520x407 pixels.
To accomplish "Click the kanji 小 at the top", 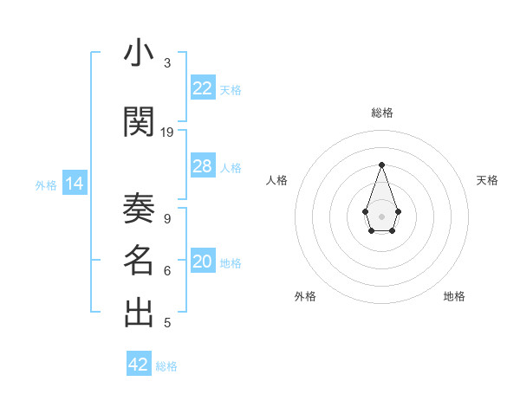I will (139, 55).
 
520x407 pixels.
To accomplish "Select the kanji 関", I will (139, 121).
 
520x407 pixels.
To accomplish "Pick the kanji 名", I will (139, 260).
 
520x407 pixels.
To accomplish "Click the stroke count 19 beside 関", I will (167, 132).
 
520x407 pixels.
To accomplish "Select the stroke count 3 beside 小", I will (167, 63).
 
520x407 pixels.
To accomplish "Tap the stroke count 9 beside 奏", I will (167, 218).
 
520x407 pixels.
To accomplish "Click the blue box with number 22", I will (203, 87).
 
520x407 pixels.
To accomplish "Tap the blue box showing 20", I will (203, 262).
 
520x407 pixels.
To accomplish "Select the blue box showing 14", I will (74, 184).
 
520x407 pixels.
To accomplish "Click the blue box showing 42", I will (139, 365).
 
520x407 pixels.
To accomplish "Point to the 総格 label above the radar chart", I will (382, 113).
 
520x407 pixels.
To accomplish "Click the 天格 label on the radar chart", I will (487, 180).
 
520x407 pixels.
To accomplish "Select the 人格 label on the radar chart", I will (277, 180).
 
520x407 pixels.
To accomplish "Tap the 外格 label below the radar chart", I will (305, 296).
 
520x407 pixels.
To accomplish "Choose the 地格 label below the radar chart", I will (454, 296).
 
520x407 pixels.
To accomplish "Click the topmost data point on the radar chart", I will (381, 165).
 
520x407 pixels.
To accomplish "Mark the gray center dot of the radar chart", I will (381, 215).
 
